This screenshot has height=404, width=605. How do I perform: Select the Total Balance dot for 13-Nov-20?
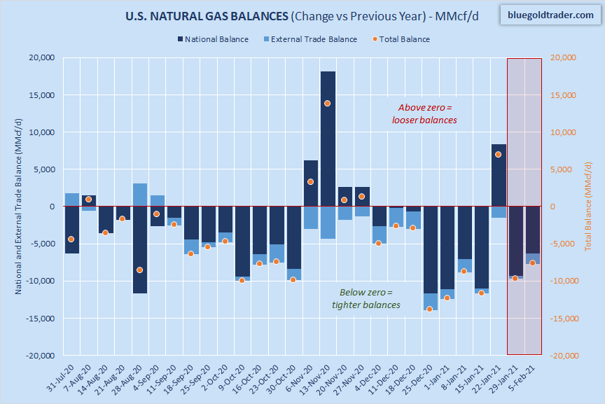pos(328,103)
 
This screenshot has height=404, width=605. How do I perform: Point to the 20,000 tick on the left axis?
pos(41,58)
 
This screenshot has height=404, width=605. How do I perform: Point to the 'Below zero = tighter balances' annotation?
pos(366,298)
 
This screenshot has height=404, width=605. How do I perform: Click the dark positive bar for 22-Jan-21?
pos(499,175)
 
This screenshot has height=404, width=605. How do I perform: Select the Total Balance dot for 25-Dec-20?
pos(430,309)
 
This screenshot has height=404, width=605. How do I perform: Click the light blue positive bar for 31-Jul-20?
pos(71,200)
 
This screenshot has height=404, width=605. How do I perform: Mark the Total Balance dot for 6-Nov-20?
pos(310,182)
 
